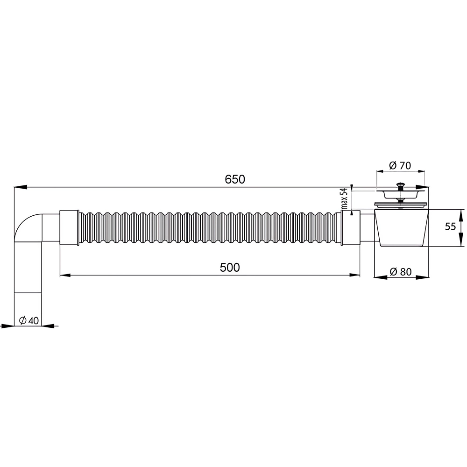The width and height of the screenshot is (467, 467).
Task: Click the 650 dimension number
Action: [235, 179]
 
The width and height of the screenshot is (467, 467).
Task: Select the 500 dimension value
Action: [230, 268]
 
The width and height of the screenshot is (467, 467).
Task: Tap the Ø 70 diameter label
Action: [400, 165]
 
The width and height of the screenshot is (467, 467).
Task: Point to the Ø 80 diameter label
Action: [401, 271]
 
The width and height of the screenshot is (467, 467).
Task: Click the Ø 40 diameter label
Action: [28, 320]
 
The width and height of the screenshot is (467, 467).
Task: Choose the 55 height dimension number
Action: [450, 226]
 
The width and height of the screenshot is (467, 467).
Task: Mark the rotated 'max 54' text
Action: [345, 199]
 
